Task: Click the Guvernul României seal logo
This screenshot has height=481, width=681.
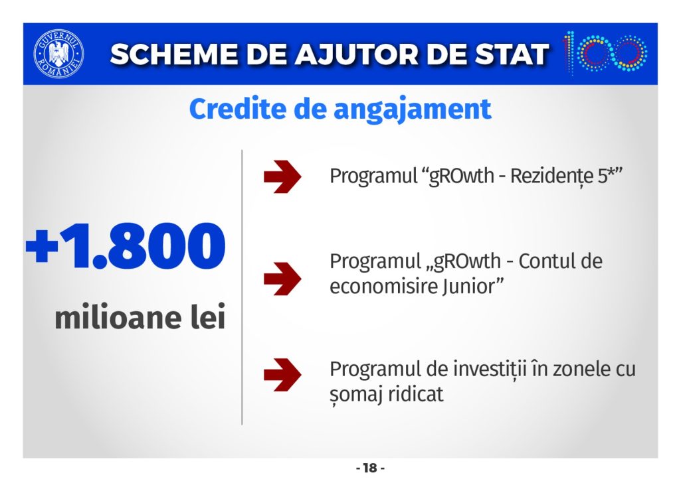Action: [58, 54]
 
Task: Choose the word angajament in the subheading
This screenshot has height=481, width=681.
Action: [413, 109]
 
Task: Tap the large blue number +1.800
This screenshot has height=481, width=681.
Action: [126, 246]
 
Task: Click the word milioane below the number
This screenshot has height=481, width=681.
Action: [117, 317]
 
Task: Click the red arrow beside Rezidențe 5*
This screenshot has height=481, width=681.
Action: [282, 176]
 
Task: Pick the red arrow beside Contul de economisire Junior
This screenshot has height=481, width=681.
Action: [282, 279]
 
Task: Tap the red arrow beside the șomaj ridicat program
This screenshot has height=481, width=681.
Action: [282, 375]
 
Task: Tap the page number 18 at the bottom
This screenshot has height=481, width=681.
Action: [371, 468]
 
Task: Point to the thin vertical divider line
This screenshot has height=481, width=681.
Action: [242, 287]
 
